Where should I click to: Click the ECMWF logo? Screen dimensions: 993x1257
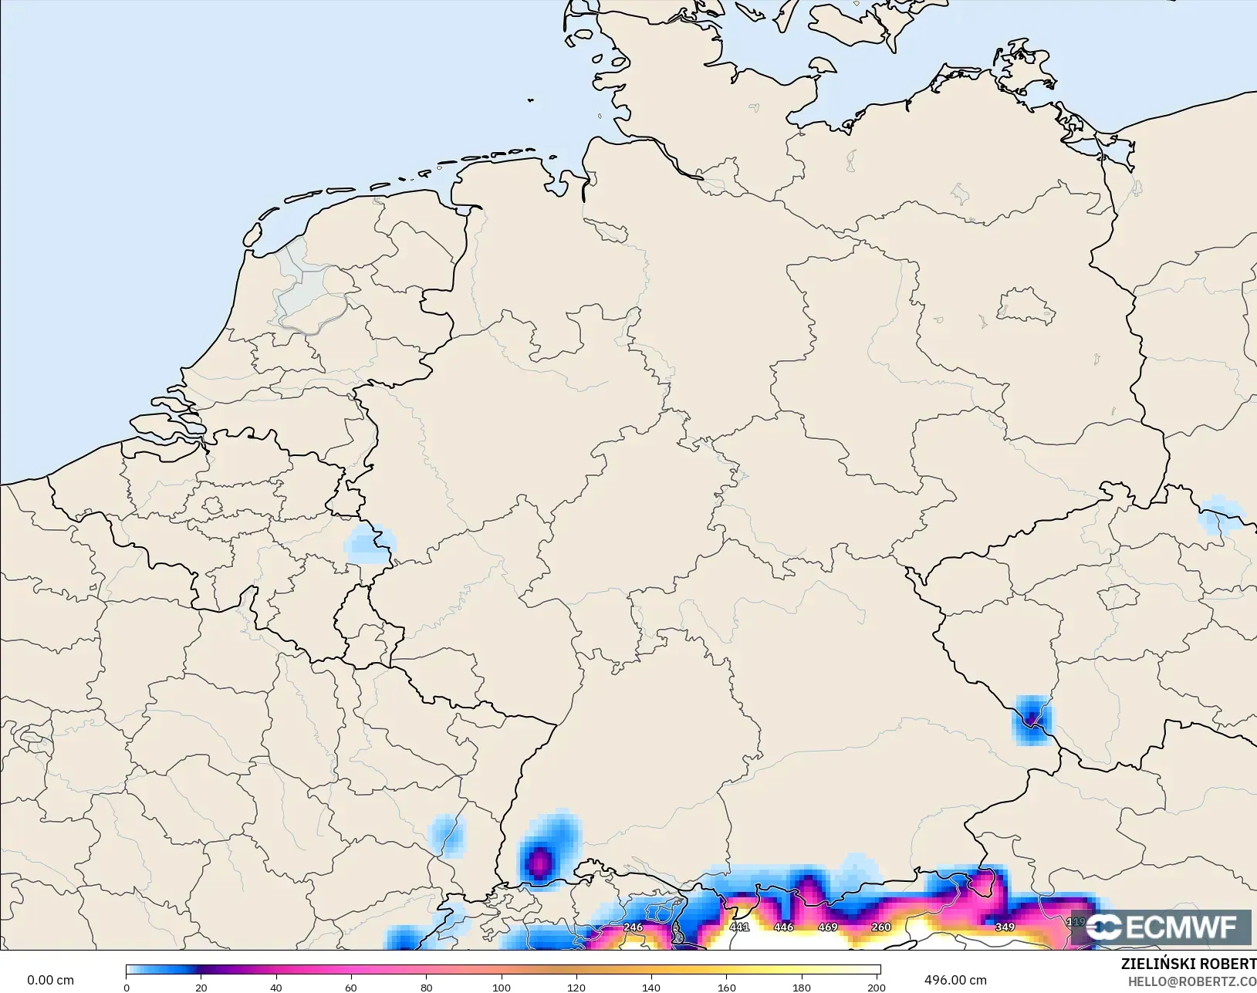tap(1161, 927)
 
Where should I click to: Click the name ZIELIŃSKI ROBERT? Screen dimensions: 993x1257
tap(1188, 964)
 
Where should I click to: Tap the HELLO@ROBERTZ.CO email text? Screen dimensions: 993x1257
tap(1192, 981)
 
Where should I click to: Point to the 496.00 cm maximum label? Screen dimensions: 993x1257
tap(955, 980)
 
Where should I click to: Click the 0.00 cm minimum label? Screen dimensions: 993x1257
tap(50, 980)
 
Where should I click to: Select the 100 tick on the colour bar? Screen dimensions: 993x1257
tap(502, 987)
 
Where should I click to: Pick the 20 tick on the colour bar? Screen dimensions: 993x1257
tap(201, 987)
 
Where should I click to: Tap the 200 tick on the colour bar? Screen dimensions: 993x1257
tap(876, 987)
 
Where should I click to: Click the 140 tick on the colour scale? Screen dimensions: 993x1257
tap(651, 987)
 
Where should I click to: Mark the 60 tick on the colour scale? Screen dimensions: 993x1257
tap(351, 987)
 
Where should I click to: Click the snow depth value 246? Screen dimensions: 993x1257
tap(633, 927)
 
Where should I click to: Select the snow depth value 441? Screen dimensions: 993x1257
tap(739, 927)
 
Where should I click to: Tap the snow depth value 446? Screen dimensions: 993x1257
tap(783, 927)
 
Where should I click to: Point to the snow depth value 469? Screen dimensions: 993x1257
tap(827, 927)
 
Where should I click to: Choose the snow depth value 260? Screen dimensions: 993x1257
tap(880, 927)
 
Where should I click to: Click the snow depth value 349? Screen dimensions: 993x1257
tap(1005, 927)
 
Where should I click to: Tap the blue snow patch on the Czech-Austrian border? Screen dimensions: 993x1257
tap(1032, 720)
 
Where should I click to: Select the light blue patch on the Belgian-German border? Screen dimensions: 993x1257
tap(367, 545)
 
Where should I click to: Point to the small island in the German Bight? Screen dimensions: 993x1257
tap(531, 100)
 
